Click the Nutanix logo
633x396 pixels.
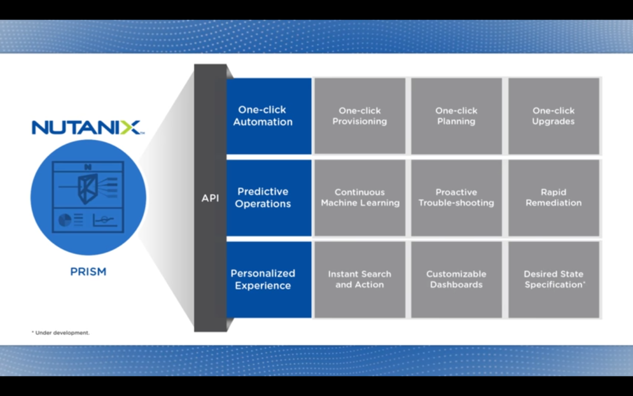click(x=86, y=127)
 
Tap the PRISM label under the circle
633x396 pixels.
click(x=88, y=272)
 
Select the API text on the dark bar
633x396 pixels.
click(x=210, y=198)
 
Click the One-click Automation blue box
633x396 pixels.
click(x=269, y=116)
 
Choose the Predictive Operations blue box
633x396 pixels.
click(x=269, y=197)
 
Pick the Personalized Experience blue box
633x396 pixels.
click(x=269, y=279)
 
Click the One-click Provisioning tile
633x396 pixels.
click(x=359, y=116)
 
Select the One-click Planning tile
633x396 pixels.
click(x=456, y=116)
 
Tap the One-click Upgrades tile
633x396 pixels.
click(x=553, y=116)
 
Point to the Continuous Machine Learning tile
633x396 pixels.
click(x=359, y=197)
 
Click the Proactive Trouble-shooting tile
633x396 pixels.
click(x=456, y=197)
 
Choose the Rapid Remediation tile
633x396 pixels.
click(x=553, y=197)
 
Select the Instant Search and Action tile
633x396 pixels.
click(x=359, y=279)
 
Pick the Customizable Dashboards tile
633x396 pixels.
click(x=456, y=279)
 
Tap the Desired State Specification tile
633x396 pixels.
click(x=553, y=279)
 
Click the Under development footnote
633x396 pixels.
click(x=60, y=333)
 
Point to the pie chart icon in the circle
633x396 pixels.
click(x=65, y=220)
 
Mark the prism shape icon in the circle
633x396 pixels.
click(x=88, y=189)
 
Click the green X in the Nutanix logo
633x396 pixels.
click(x=131, y=127)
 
